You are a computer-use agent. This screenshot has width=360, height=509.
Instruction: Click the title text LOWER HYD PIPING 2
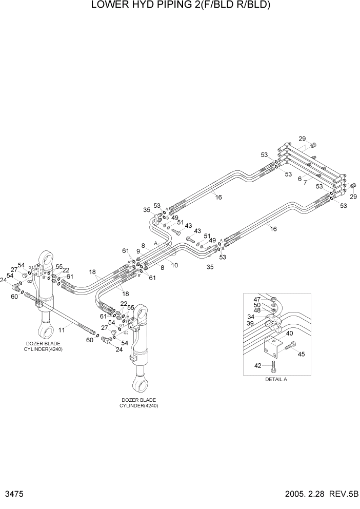179,6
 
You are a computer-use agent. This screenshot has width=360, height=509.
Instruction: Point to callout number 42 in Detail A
257,366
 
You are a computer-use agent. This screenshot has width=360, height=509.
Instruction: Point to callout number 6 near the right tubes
299,179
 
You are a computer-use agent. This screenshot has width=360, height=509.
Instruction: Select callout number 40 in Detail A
290,334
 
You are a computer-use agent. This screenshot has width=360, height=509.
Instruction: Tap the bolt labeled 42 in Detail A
274,365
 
